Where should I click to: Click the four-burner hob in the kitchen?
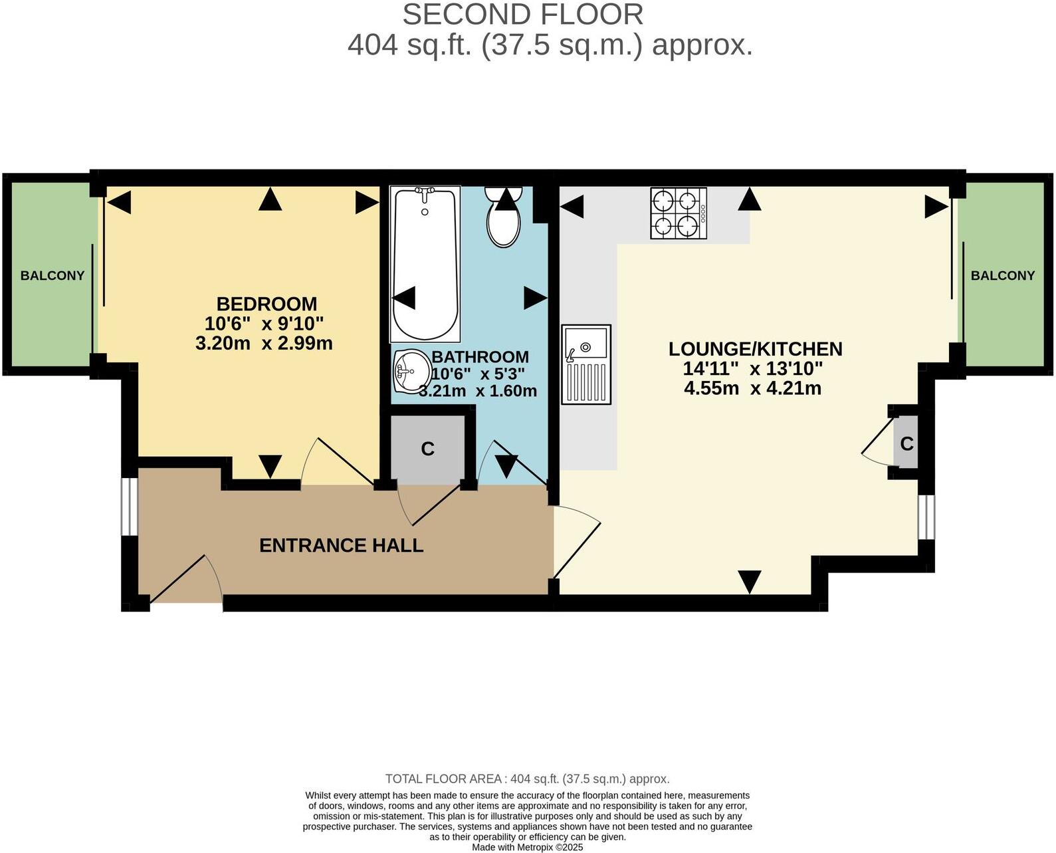click(679, 213)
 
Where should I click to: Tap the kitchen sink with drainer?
click(585, 364)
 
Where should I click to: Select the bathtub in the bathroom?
click(425, 263)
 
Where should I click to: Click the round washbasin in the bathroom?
click(411, 370)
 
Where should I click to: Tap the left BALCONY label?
click(53, 275)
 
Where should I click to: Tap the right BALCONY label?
click(1002, 275)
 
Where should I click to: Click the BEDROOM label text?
click(266, 304)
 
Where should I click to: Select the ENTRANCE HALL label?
click(341, 545)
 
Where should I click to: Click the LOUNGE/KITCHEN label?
click(755, 349)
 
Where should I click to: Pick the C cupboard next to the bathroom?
click(427, 449)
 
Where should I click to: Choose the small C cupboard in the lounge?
click(906, 443)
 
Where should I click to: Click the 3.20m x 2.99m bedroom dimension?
click(264, 344)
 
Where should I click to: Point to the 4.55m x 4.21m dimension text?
click(752, 388)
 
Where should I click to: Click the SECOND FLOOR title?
click(522, 15)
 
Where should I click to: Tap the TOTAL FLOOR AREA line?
click(527, 779)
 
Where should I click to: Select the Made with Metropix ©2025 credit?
click(527, 847)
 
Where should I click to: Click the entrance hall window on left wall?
click(128, 506)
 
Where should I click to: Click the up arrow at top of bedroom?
click(270, 199)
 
